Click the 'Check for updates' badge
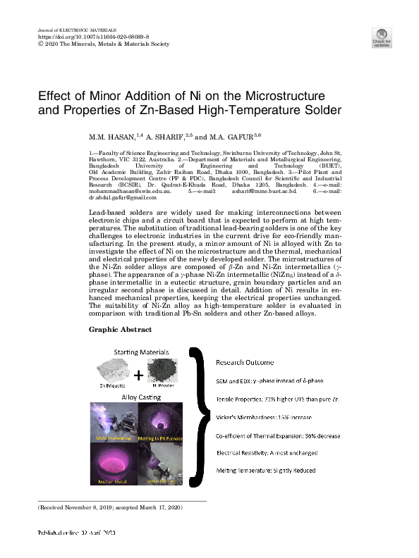tap(382, 37)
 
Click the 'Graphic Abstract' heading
tap(115, 329)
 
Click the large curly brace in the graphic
tap(200, 416)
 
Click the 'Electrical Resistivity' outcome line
tap(267, 453)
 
